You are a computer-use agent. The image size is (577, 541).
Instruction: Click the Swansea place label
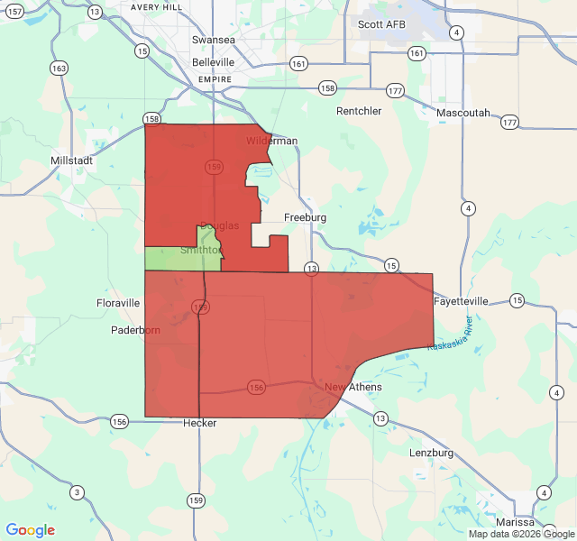point(214,41)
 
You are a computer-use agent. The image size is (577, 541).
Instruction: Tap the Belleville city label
point(214,62)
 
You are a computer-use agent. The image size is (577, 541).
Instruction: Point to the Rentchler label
point(359,111)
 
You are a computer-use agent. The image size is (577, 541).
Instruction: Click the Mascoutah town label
point(463,113)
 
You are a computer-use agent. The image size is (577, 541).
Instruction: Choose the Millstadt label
point(74,160)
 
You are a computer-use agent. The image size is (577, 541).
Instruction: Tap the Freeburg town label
point(305,218)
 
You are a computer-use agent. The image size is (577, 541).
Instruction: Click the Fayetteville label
point(461,300)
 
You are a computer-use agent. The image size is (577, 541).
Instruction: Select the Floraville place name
point(118,303)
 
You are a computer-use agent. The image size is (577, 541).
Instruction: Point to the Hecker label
point(199,423)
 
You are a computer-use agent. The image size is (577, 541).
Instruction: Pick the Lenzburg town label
point(431,452)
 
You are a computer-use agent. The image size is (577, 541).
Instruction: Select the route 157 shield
point(13,9)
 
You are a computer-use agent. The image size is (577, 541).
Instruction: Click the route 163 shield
point(60,69)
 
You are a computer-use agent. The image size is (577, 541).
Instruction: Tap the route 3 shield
point(78,491)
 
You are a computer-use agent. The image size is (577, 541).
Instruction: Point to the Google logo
point(31,530)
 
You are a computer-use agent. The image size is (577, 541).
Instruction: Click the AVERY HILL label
point(157,6)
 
